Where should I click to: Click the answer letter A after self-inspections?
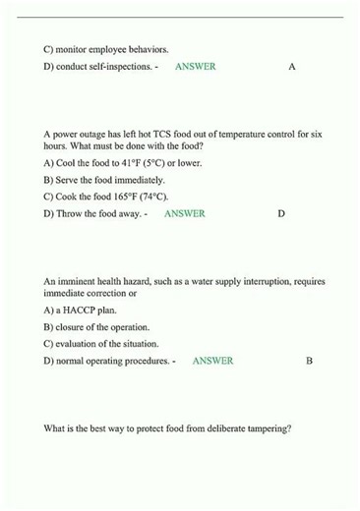click(292, 67)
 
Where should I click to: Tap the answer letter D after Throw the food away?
click(281, 213)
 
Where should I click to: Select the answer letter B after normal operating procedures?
click(309, 361)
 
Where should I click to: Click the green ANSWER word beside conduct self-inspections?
click(195, 67)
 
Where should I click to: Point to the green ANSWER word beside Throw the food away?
click(185, 213)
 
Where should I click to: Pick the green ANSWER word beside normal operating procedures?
click(212, 361)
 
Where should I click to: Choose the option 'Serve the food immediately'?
click(104, 180)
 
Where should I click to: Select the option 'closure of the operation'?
click(96, 327)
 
